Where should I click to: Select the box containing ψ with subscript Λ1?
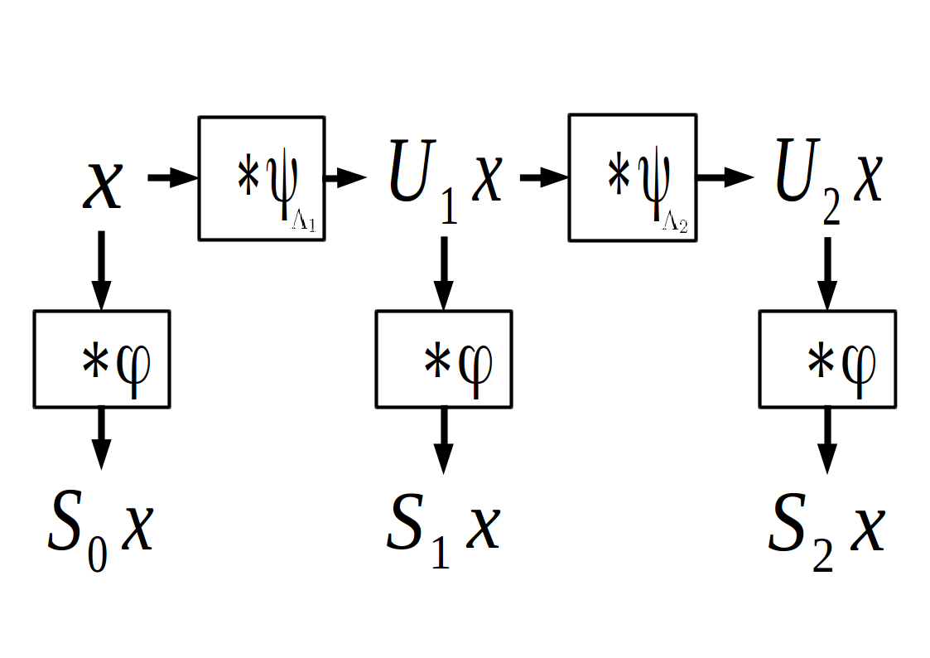[x=260, y=178]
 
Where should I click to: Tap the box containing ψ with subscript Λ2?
[x=631, y=178]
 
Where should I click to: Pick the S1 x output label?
[x=443, y=530]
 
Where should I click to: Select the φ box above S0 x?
[x=101, y=359]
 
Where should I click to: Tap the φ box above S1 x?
[x=443, y=359]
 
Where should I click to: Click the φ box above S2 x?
[x=826, y=359]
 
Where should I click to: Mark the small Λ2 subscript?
[x=675, y=225]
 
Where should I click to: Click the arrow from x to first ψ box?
[x=172, y=177]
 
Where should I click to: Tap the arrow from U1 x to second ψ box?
[x=543, y=177]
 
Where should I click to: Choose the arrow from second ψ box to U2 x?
[x=724, y=177]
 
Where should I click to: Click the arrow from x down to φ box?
[x=101, y=269]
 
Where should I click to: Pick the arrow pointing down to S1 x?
[x=444, y=439]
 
